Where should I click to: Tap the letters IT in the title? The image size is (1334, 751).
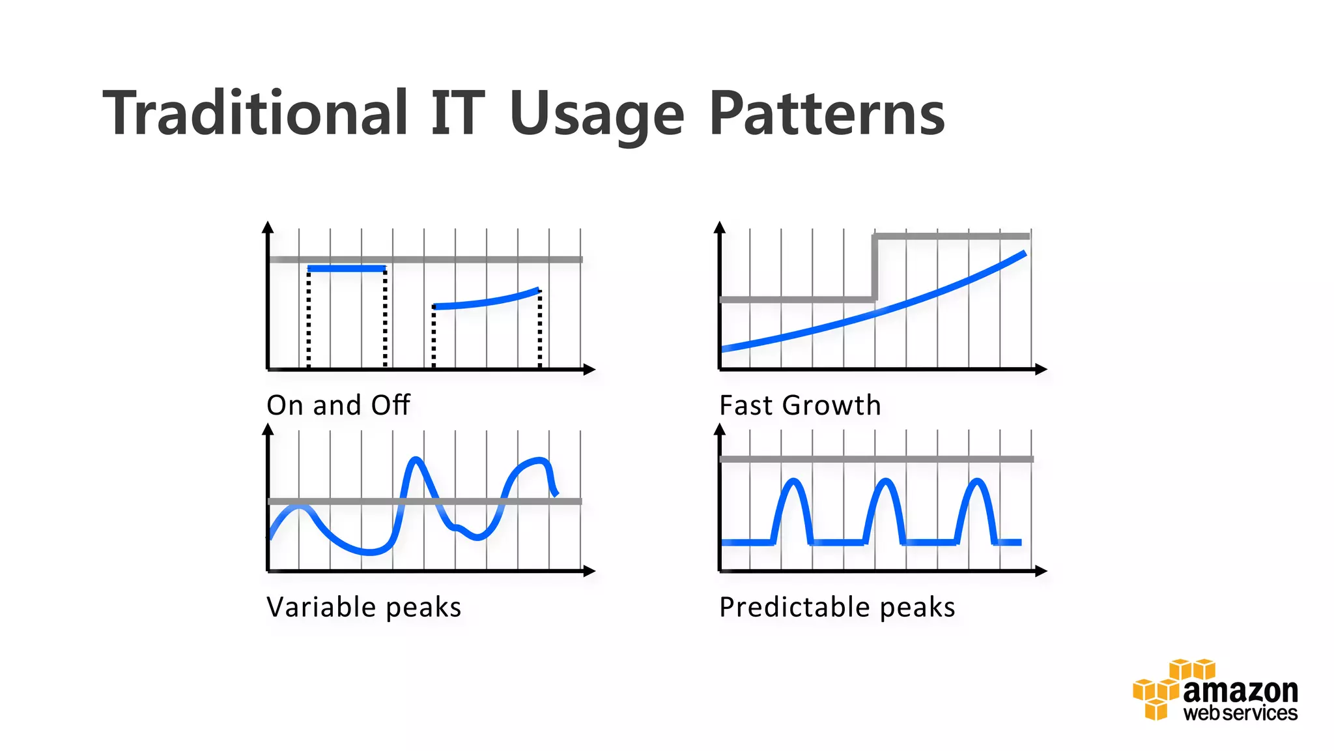click(457, 114)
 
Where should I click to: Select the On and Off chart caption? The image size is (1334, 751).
click(338, 405)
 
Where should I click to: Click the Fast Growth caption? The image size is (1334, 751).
click(800, 405)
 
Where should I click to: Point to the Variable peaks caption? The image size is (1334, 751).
click(363, 608)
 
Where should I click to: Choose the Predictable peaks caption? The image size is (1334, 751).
click(837, 608)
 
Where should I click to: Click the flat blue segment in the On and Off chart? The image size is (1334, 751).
click(347, 269)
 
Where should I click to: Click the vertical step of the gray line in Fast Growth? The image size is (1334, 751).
click(875, 267)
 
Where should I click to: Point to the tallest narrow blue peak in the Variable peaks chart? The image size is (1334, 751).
click(415, 462)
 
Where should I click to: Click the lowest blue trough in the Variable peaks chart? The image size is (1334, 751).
click(369, 552)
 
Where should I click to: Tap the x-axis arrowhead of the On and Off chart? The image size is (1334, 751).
click(589, 370)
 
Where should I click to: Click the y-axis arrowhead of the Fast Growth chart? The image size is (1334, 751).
click(720, 228)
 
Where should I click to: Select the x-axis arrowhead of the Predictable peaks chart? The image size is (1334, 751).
click(1041, 571)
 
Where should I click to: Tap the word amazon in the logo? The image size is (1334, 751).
click(1240, 691)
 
